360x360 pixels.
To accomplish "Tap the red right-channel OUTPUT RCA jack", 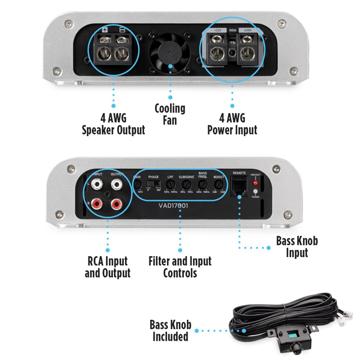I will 117,204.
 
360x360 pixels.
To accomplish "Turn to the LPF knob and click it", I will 169,185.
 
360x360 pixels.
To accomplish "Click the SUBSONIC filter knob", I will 186,185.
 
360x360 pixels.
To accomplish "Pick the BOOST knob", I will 218,185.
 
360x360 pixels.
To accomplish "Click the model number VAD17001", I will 173,206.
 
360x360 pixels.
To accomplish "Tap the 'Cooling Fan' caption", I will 170,114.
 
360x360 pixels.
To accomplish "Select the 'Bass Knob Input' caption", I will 297,247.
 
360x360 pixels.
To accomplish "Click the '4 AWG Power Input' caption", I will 232,124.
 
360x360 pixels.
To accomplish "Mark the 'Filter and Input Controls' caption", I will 180,267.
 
